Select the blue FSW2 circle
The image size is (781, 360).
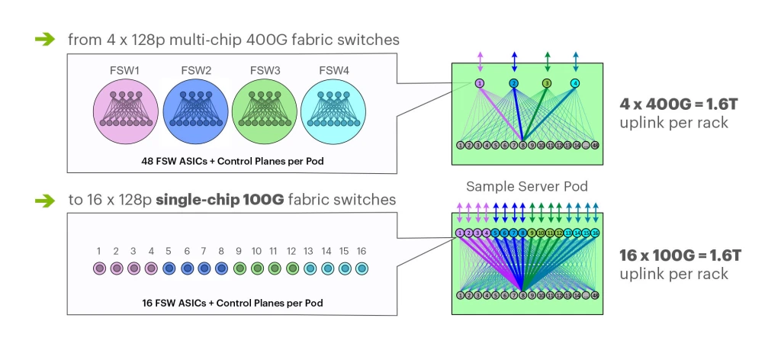pyautogui.click(x=196, y=112)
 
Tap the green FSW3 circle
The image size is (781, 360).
pyautogui.click(x=265, y=112)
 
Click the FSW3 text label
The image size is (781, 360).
pyautogui.click(x=265, y=71)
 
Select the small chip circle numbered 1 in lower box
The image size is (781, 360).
pyautogui.click(x=98, y=268)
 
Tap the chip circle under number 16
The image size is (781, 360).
pyautogui.click(x=362, y=268)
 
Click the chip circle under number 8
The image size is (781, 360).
pyautogui.click(x=221, y=268)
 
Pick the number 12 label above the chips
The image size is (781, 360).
pyautogui.click(x=291, y=251)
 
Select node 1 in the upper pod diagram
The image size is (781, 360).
pyautogui.click(x=480, y=82)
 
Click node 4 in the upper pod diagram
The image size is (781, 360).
pyautogui.click(x=575, y=82)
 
